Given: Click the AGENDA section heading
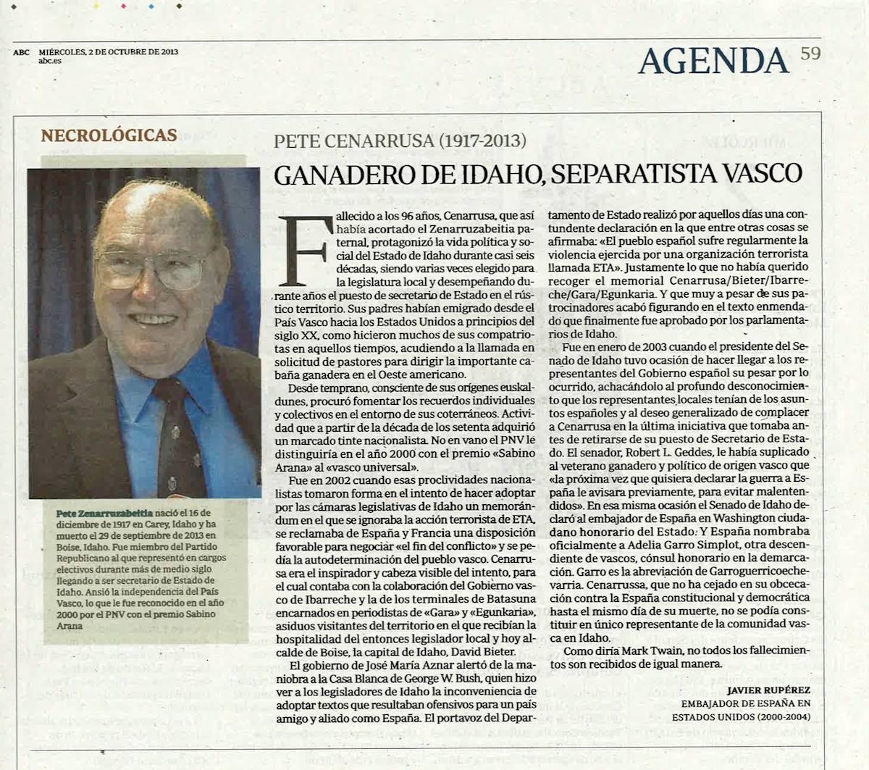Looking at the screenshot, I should (x=713, y=59).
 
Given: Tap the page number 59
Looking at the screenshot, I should (x=810, y=53).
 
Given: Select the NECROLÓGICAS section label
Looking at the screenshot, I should (x=109, y=135).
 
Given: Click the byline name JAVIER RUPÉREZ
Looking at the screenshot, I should (x=768, y=690).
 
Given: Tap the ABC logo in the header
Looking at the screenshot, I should (x=22, y=52).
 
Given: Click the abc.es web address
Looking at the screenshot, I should (x=50, y=61).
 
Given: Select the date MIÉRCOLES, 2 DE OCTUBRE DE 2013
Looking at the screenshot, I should (x=109, y=52).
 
